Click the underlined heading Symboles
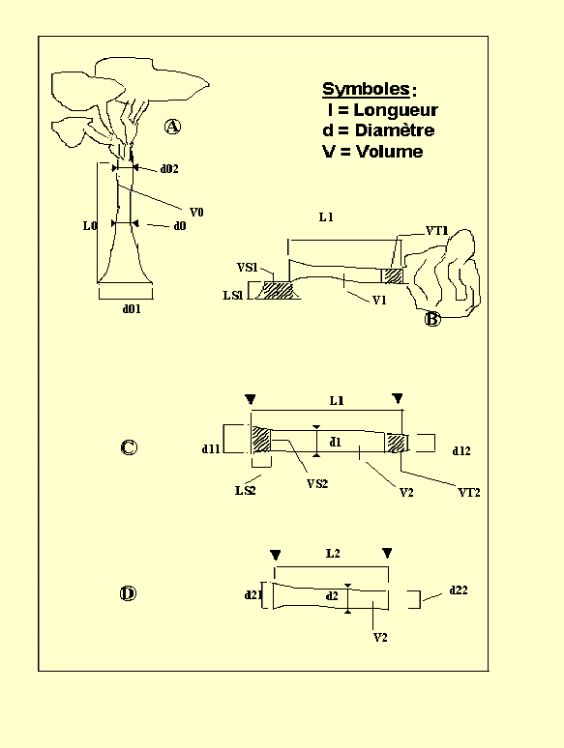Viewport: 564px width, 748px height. coord(366,89)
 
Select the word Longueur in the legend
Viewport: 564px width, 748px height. coord(396,110)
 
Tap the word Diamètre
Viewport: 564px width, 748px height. coord(395,130)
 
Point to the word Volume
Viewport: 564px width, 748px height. coord(390,152)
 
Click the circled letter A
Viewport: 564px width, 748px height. coord(172,127)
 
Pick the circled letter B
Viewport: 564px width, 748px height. coord(432,319)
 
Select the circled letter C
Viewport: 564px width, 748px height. coord(129,447)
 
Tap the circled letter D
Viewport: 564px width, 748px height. coord(128,593)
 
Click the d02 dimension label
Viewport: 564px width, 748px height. coord(169,169)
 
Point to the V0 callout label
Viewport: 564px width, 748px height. coord(196,213)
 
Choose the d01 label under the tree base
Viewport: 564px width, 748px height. coord(132,309)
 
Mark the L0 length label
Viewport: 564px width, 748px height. coord(90,225)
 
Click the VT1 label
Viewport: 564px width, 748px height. coord(437,231)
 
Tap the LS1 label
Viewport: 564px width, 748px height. coord(233,296)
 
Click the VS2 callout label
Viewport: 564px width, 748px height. coord(317,484)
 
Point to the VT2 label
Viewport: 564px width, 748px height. coord(469,492)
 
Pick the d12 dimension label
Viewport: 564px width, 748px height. coord(461,450)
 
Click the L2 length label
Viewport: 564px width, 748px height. coord(333,554)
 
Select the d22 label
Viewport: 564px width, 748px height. coord(459,590)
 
